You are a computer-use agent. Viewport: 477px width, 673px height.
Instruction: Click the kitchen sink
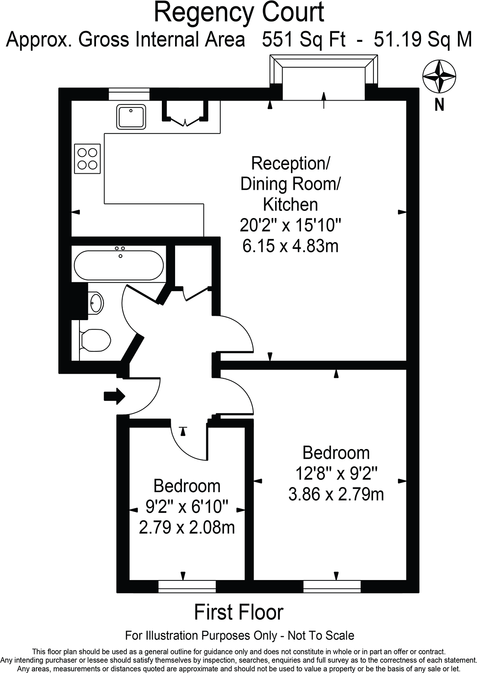pyautogui.click(x=131, y=117)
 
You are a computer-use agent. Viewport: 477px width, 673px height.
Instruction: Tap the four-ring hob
pyautogui.click(x=88, y=159)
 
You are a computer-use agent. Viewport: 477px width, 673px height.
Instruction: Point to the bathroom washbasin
pyautogui.click(x=96, y=303)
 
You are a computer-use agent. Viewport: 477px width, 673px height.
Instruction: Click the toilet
pyautogui.click(x=95, y=340)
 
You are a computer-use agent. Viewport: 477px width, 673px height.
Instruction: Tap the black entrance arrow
pyautogui.click(x=114, y=396)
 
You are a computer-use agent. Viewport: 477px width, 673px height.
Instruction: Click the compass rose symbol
pyautogui.click(x=439, y=77)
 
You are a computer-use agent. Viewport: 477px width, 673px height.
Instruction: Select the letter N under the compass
pyautogui.click(x=439, y=105)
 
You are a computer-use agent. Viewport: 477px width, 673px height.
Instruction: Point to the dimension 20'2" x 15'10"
pyautogui.click(x=291, y=225)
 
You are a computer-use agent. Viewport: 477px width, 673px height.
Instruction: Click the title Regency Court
pyautogui.click(x=239, y=13)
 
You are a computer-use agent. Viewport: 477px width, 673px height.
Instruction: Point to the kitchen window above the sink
pyautogui.click(x=129, y=94)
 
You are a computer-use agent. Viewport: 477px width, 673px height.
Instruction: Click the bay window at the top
pyautogui.click(x=323, y=77)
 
